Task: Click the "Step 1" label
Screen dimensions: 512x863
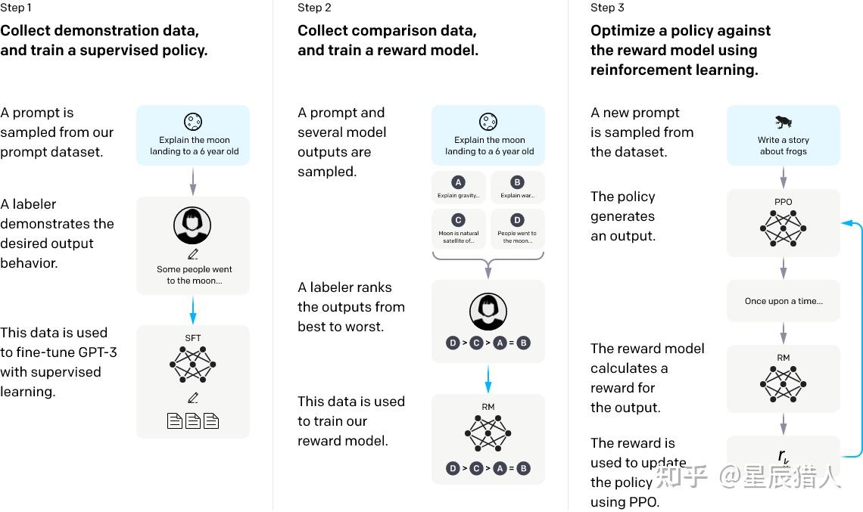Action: tap(16, 8)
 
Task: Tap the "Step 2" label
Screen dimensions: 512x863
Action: tap(314, 8)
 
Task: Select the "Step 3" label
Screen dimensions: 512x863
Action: tap(607, 8)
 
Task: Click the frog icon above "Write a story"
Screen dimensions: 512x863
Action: tap(783, 122)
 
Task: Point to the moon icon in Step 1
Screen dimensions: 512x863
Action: tap(193, 122)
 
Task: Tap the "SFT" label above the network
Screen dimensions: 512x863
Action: tap(193, 338)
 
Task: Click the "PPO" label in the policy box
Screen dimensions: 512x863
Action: tap(783, 202)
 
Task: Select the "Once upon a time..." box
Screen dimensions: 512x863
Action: tap(783, 301)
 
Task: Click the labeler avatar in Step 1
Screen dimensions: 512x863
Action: tap(192, 225)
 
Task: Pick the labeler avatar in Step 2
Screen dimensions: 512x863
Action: tap(488, 310)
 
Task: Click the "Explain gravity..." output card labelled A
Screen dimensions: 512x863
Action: tap(458, 188)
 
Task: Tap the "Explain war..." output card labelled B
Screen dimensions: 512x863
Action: tap(517, 188)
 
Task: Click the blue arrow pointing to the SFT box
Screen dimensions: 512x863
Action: tap(193, 310)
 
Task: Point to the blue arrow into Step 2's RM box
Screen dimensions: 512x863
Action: tap(488, 379)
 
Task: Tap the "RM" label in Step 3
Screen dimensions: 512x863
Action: tap(783, 358)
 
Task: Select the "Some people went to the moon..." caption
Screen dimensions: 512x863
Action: tap(194, 275)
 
